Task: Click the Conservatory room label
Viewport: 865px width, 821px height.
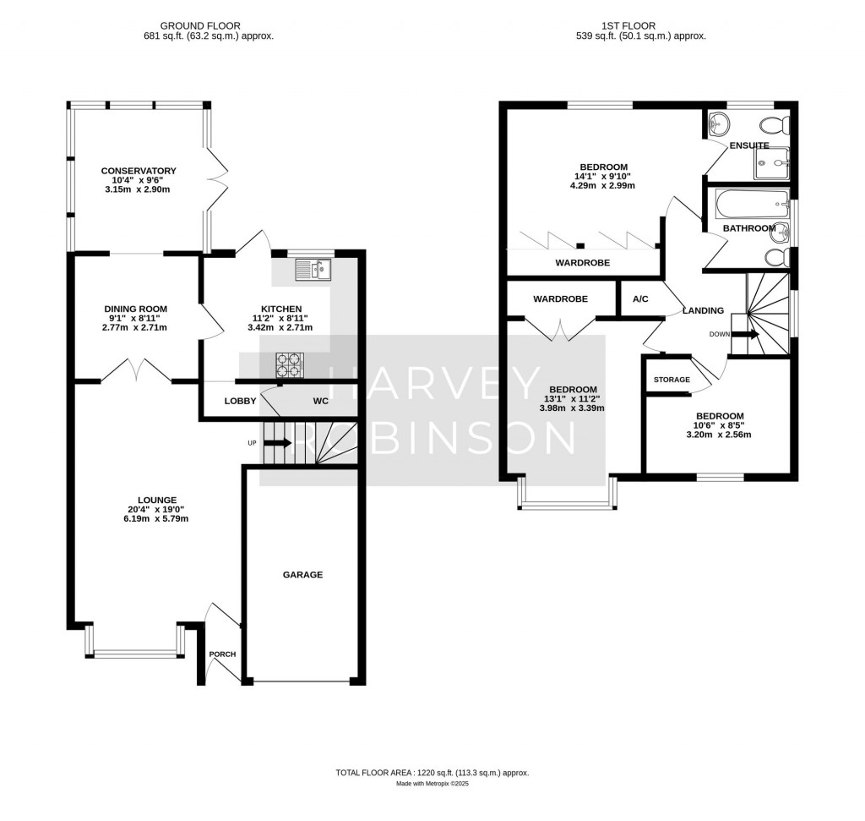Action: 139,171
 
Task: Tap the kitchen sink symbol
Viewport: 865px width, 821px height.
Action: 313,270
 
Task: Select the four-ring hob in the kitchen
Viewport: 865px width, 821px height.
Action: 287,364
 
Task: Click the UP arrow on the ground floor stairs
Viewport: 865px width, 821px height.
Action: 278,442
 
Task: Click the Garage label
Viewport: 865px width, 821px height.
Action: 302,575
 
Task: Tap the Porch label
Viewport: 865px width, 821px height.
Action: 222,654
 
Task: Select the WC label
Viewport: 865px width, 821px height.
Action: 321,401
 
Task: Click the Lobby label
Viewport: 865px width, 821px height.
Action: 240,401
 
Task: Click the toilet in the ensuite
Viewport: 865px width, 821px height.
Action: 775,126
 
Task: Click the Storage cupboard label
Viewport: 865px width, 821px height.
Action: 672,380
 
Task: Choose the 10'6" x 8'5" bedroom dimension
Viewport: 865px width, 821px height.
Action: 720,425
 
